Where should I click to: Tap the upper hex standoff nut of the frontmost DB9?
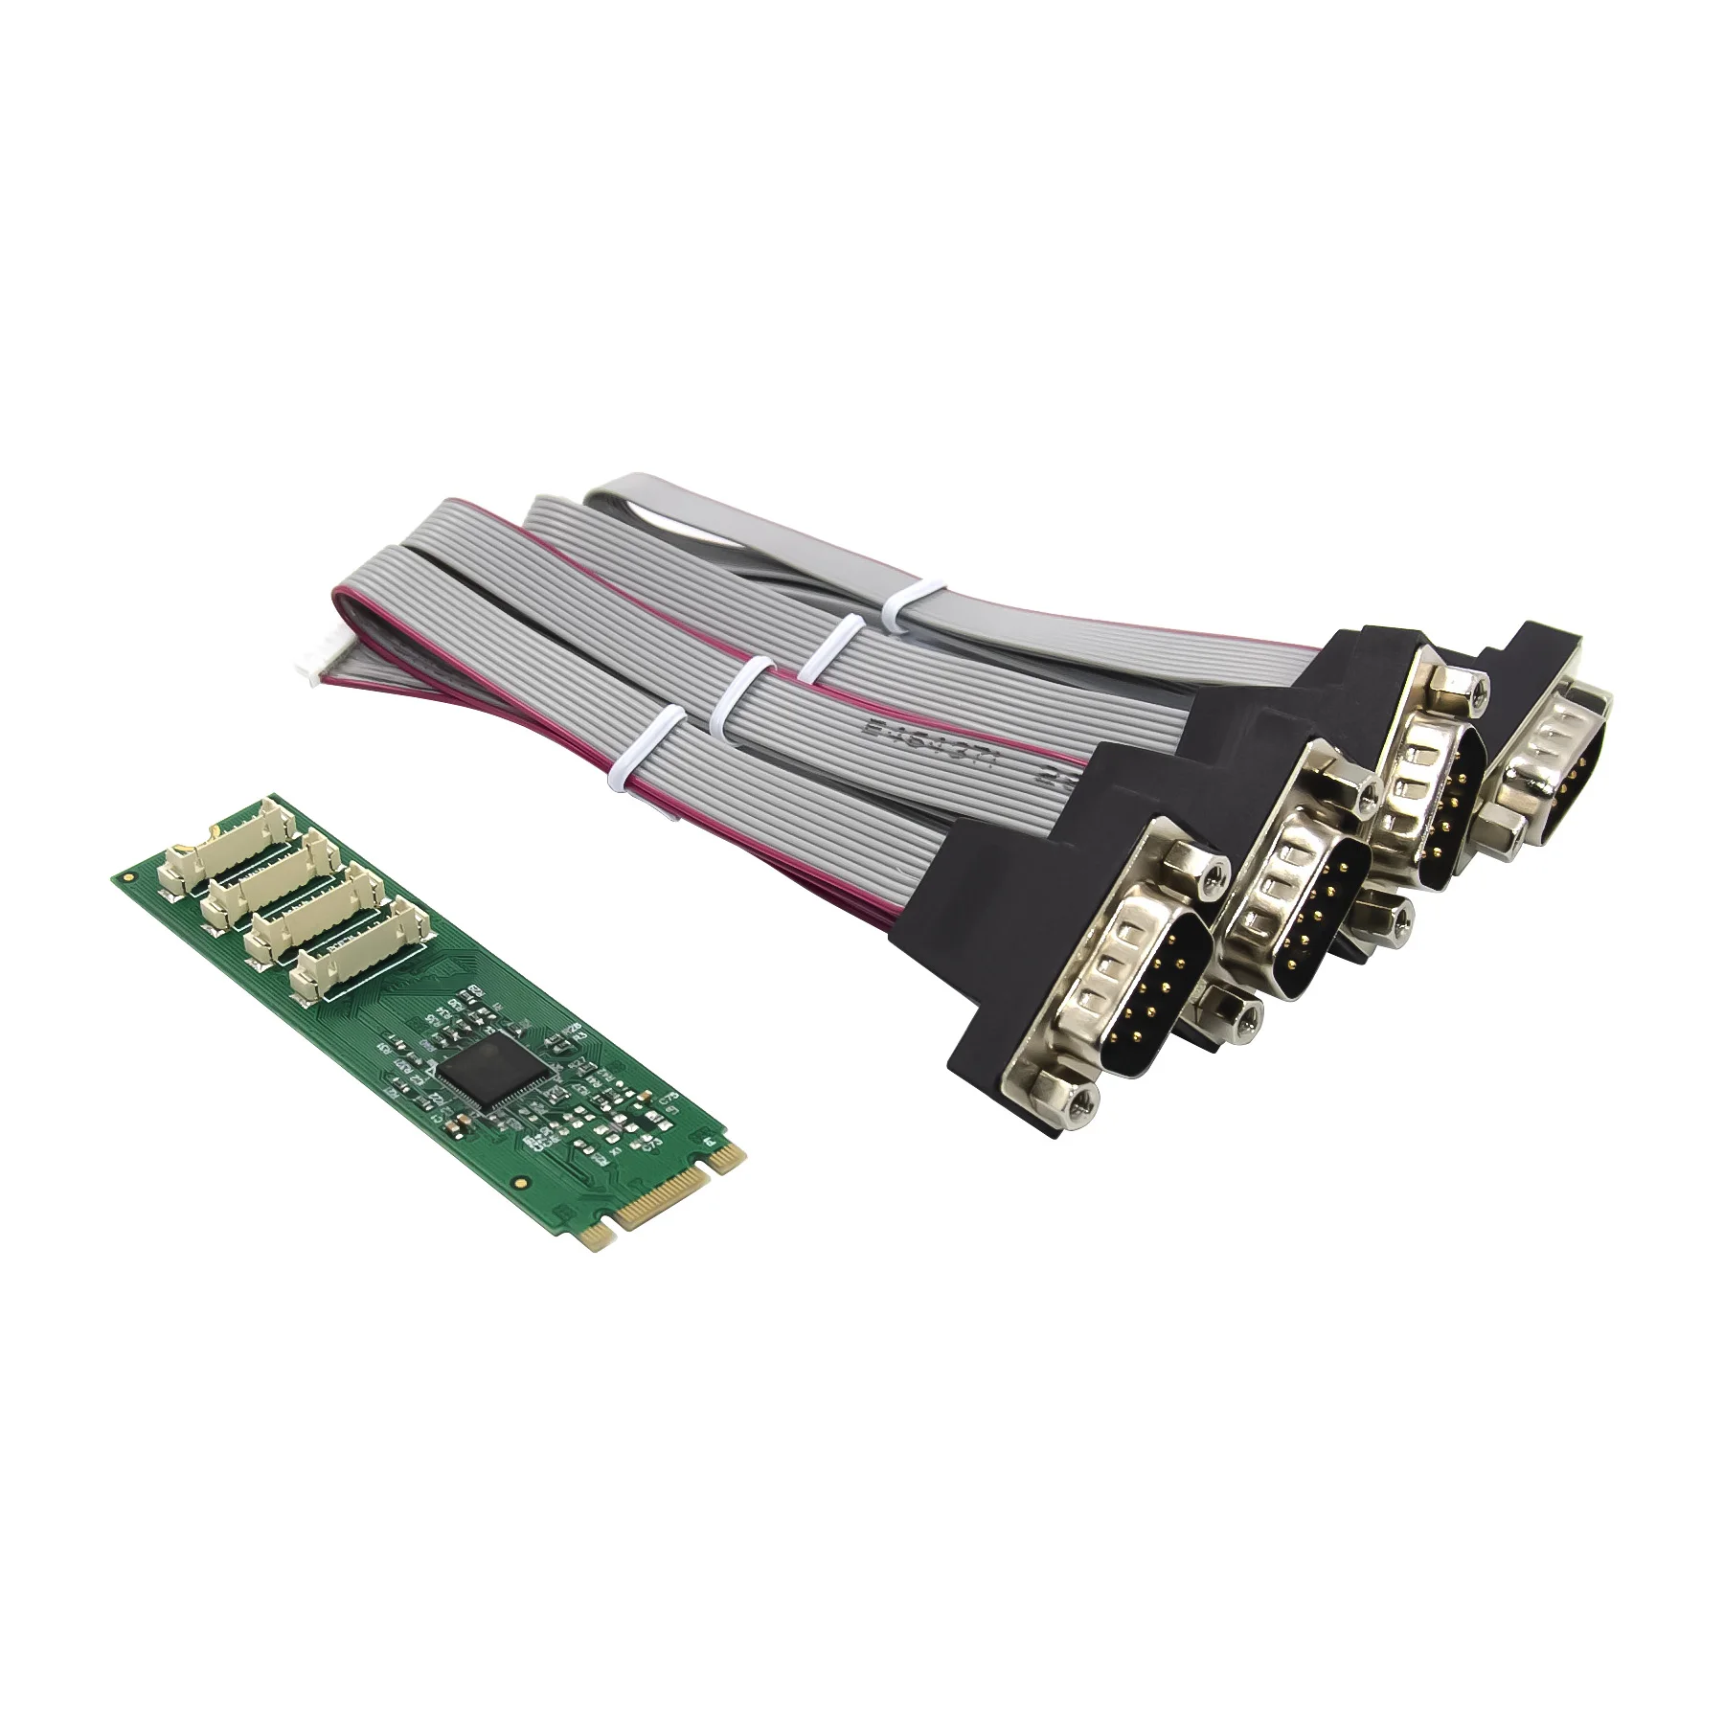[x=1209, y=873]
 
